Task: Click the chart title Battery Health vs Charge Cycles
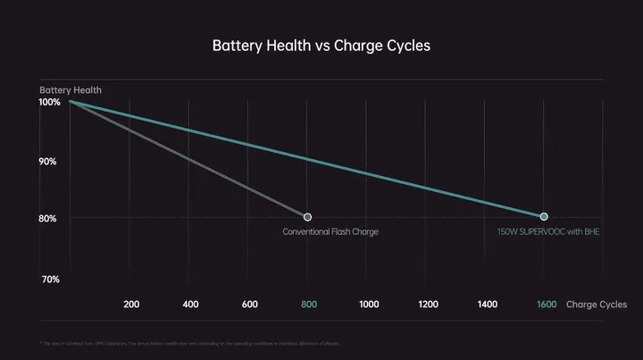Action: pyautogui.click(x=321, y=46)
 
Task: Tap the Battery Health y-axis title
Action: pyautogui.click(x=71, y=90)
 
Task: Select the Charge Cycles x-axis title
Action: pyautogui.click(x=597, y=305)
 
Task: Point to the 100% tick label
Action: pyautogui.click(x=49, y=103)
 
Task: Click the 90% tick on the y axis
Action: pyautogui.click(x=49, y=162)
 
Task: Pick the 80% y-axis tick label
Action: pyautogui.click(x=49, y=219)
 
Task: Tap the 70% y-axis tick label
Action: pyautogui.click(x=49, y=280)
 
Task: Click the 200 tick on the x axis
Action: pyautogui.click(x=131, y=305)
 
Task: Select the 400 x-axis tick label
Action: pyautogui.click(x=190, y=305)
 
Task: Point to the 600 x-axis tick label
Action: pyautogui.click(x=250, y=305)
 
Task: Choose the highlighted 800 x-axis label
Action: pyautogui.click(x=309, y=305)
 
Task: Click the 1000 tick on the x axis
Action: pyautogui.click(x=369, y=305)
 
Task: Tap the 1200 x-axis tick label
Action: pyautogui.click(x=428, y=305)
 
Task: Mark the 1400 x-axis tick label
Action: pyautogui.click(x=488, y=305)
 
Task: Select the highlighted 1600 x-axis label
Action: pyautogui.click(x=547, y=305)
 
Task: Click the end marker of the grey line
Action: pyautogui.click(x=307, y=217)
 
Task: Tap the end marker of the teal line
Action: pyautogui.click(x=544, y=217)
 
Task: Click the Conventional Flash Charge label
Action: pyautogui.click(x=330, y=232)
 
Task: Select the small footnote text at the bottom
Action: pyautogui.click(x=190, y=344)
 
